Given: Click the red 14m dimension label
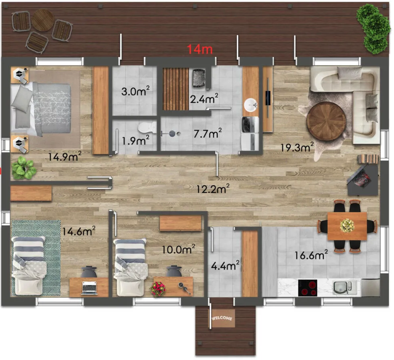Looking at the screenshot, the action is pyautogui.click(x=200, y=49).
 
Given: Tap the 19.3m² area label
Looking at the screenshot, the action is pyautogui.click(x=297, y=147).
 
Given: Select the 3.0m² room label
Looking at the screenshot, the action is pyautogui.click(x=135, y=91).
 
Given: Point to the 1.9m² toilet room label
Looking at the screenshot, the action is pyautogui.click(x=135, y=141).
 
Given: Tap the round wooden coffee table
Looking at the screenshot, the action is pyautogui.click(x=326, y=121).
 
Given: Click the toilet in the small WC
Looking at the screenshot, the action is pyautogui.click(x=147, y=127).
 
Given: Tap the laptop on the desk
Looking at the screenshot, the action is pyautogui.click(x=89, y=288).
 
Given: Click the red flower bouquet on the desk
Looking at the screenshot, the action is pyautogui.click(x=158, y=289).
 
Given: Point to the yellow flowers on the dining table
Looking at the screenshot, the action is pyautogui.click(x=347, y=225).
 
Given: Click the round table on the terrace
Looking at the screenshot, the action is pyautogui.click(x=43, y=20).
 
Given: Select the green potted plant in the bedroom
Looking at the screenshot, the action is pyautogui.click(x=24, y=168).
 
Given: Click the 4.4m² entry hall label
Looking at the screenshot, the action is pyautogui.click(x=225, y=266).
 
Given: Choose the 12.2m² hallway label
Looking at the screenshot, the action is pyautogui.click(x=213, y=188).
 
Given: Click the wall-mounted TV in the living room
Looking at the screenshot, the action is pyautogui.click(x=269, y=98).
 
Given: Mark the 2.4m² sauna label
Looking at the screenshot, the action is pyautogui.click(x=204, y=99).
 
